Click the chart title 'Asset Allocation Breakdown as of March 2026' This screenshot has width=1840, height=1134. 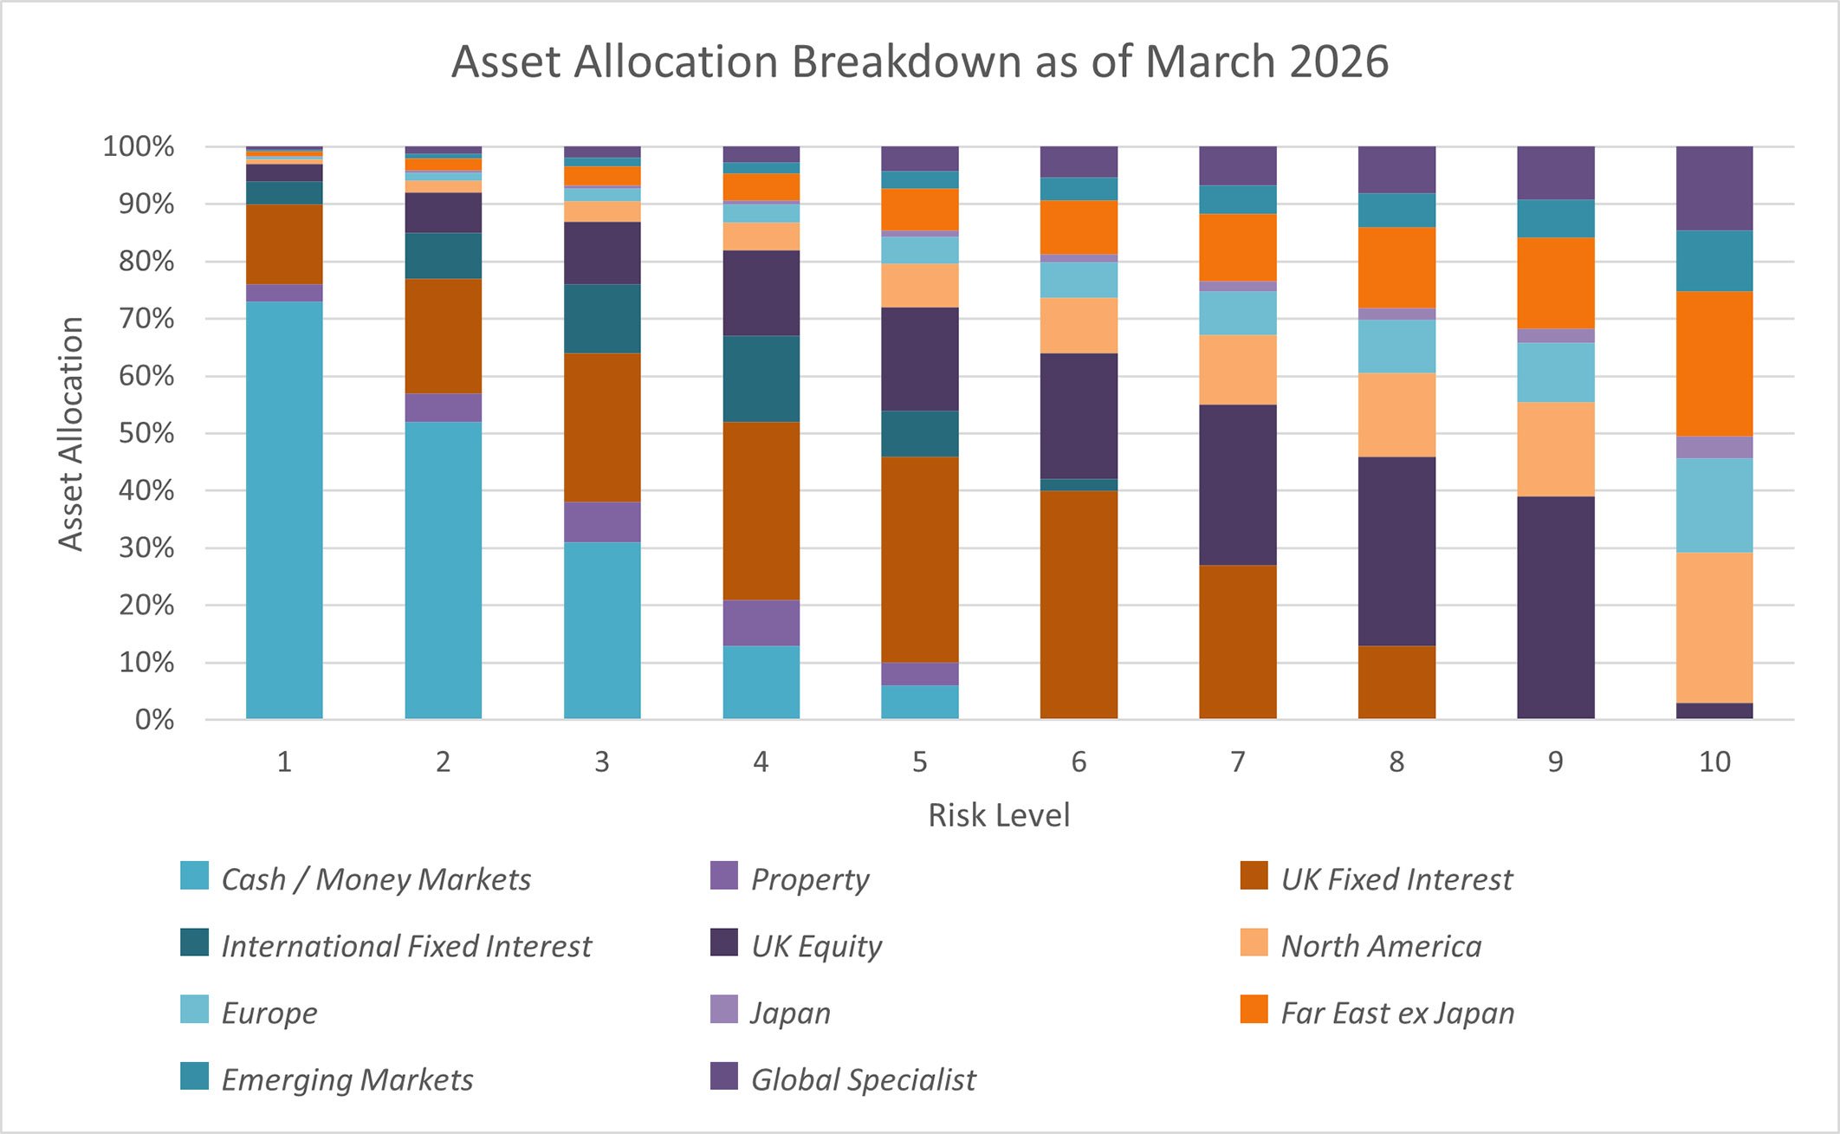pos(919,62)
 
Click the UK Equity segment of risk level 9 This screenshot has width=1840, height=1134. pos(1555,606)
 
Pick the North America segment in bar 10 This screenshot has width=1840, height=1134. pos(1714,627)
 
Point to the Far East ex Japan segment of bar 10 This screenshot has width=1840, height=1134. pos(1714,364)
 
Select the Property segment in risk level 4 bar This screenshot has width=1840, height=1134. pos(761,622)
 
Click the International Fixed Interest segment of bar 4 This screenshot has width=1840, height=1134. pos(761,379)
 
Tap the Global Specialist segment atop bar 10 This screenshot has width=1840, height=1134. pos(1714,188)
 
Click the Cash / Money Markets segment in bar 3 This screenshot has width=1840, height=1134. pos(602,630)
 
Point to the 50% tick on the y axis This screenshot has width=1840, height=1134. pos(147,433)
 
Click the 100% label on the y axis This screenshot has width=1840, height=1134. pos(139,146)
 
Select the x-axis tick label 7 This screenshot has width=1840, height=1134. pos(1237,761)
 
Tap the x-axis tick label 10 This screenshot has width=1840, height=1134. pos(1714,761)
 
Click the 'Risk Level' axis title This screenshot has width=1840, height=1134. pos(999,815)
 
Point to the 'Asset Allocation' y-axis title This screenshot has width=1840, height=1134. pos(71,433)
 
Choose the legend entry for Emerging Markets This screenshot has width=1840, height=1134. pos(347,1079)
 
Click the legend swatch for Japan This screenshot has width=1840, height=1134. pos(723,1009)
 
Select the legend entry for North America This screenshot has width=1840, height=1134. pos(1380,946)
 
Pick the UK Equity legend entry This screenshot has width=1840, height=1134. pos(815,946)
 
